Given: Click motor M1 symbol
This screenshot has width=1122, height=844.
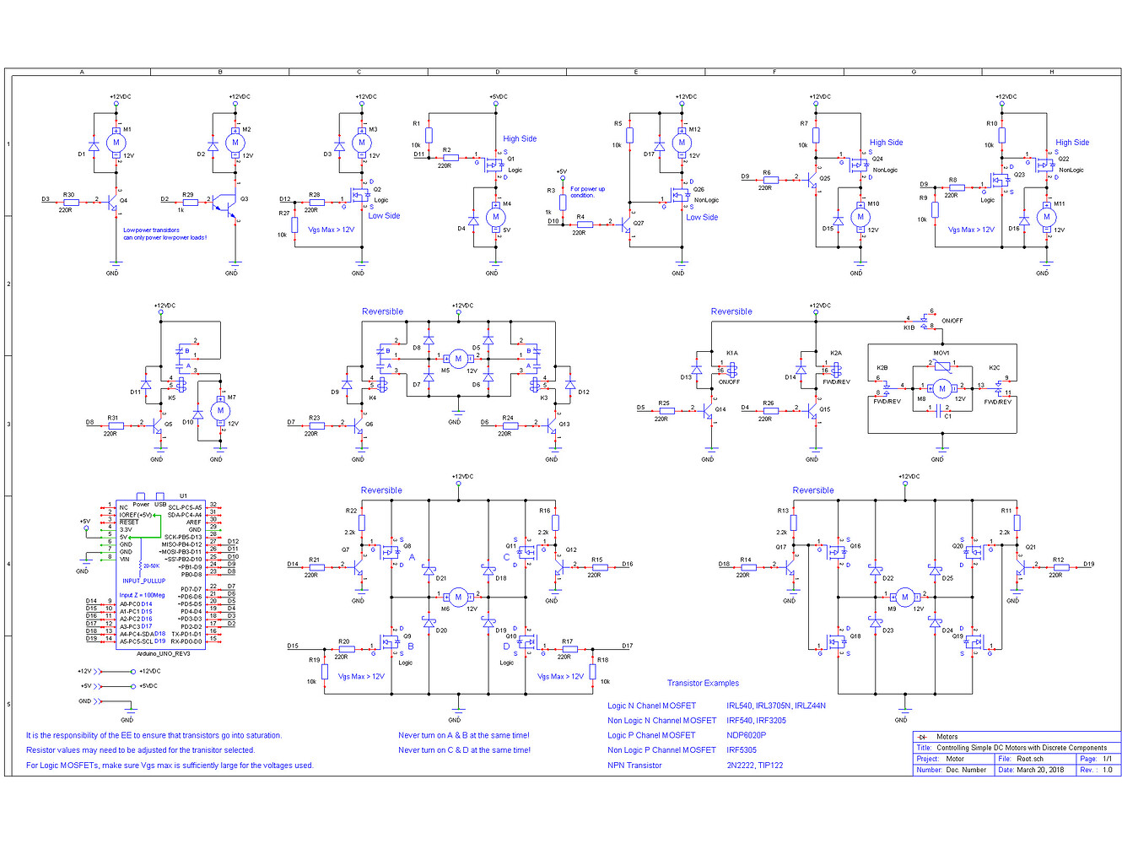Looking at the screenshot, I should click(x=116, y=143).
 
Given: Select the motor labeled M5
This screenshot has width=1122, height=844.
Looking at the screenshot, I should click(x=458, y=359).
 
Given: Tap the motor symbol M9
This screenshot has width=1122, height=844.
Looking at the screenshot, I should click(x=905, y=597).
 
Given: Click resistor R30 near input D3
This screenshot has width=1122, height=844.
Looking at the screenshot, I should click(x=71, y=203).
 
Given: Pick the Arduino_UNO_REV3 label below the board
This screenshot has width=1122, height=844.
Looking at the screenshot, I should click(x=164, y=653).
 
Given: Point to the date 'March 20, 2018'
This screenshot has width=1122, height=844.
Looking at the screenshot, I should click(x=1040, y=770).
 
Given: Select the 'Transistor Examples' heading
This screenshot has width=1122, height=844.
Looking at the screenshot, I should click(x=703, y=684).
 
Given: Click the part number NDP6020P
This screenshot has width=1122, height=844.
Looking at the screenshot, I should click(x=746, y=735).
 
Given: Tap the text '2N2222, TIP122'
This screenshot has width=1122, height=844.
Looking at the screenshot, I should click(x=754, y=766).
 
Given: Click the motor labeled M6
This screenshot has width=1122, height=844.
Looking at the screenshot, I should click(x=458, y=597).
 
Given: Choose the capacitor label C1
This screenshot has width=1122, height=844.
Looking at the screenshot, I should click(x=947, y=416).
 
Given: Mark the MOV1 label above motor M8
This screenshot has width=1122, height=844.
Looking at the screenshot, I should click(x=941, y=353).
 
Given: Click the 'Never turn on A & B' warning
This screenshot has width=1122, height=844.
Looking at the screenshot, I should click(x=464, y=735).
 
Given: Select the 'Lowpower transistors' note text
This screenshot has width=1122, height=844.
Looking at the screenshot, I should click(x=152, y=230).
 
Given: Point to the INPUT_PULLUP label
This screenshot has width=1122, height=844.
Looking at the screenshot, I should click(x=144, y=581).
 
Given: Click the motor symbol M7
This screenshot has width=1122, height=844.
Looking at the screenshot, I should click(x=220, y=411).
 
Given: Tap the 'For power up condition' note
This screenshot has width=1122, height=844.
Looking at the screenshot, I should click(x=587, y=192).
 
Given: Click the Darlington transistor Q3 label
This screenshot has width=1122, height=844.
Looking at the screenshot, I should click(x=244, y=199).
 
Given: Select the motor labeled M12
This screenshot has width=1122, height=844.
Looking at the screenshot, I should click(x=682, y=143).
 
